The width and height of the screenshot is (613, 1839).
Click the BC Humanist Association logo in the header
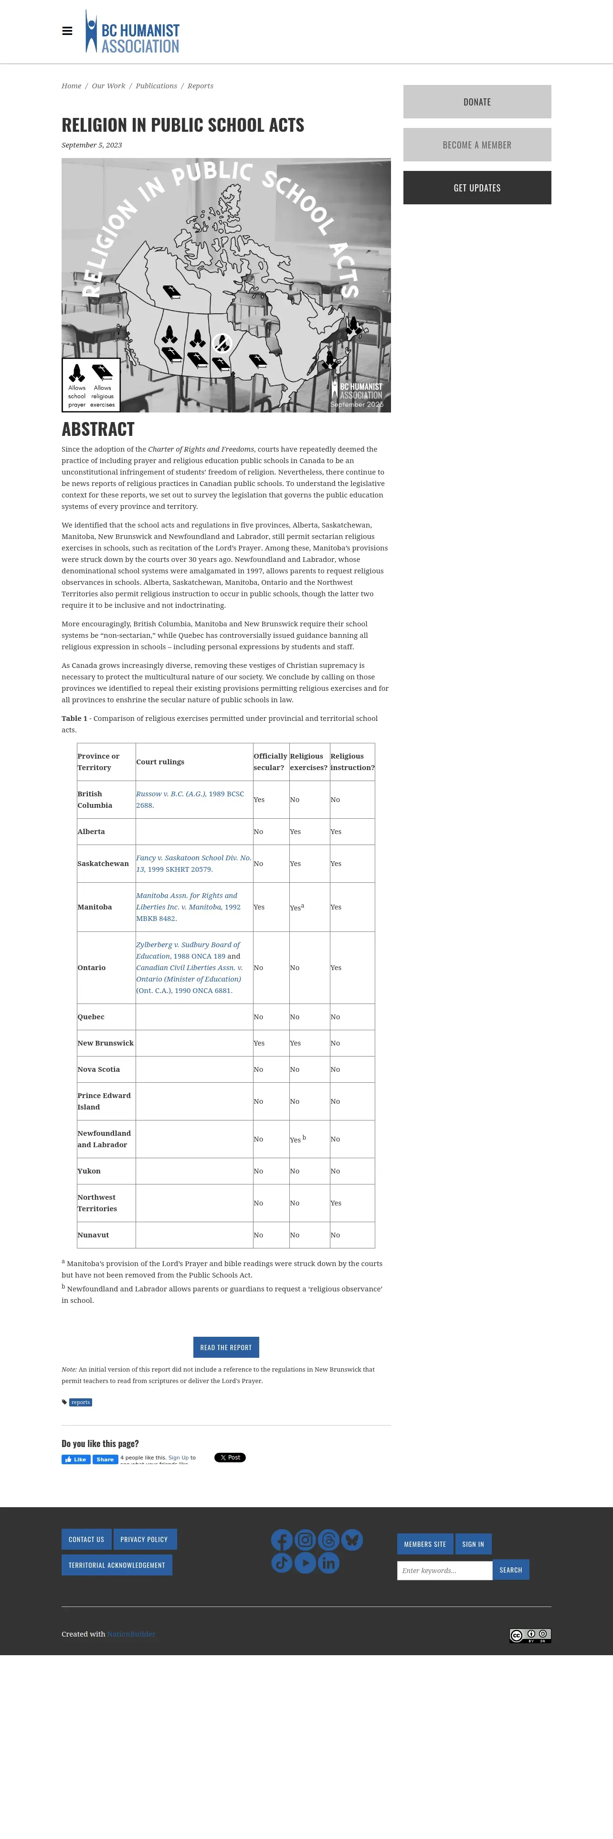[x=133, y=32]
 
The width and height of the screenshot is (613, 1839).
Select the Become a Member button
[x=477, y=145]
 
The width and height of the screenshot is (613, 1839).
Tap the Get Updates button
[x=477, y=188]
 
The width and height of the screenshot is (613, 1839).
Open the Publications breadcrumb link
[x=156, y=85]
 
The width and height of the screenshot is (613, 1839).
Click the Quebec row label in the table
[x=91, y=1016]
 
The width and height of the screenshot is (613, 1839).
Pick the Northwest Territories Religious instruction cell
[x=336, y=1203]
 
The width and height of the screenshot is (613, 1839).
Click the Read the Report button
[x=225, y=1347]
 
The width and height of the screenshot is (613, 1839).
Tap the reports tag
[x=81, y=1402]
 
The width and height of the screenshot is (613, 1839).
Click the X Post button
[x=230, y=1457]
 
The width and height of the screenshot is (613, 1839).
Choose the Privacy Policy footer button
[x=144, y=1539]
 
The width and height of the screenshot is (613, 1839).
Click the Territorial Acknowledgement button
[x=116, y=1565]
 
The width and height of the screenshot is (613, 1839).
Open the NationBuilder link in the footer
[x=131, y=1634]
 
